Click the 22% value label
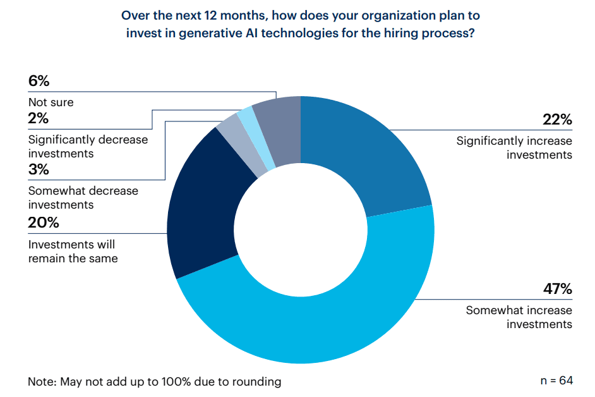pos(557,120)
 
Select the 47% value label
pos(557,290)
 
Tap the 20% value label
pos(44,223)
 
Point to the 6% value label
pos(39,81)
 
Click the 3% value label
pos(39,169)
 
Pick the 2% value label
pos(39,118)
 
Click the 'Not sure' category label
pos(51,102)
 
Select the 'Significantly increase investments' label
pos(514,148)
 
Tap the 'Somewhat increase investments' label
pos(519,317)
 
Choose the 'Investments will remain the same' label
pos(73,251)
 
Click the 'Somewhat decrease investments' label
pos(83,197)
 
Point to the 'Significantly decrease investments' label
pos(88,146)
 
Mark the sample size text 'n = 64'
pos(556,381)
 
